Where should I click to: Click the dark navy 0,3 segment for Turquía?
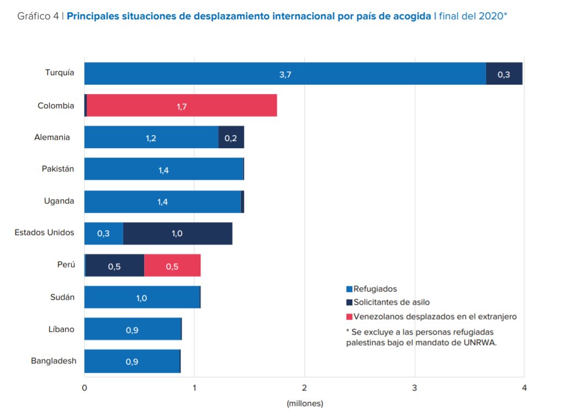click(504, 74)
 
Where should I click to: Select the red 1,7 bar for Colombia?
click(182, 106)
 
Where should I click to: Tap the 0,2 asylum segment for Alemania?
click(231, 138)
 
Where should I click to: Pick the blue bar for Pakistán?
click(163, 169)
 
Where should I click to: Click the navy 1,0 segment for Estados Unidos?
click(177, 233)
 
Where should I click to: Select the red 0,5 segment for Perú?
click(172, 266)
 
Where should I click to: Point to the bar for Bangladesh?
click(132, 361)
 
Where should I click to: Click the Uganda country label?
click(59, 201)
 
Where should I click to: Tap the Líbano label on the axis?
click(61, 330)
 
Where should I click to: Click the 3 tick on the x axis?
click(415, 388)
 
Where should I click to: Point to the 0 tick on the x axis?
click(84, 388)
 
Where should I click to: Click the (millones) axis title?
click(305, 403)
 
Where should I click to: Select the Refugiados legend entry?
click(375, 289)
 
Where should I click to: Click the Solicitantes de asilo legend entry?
click(391, 303)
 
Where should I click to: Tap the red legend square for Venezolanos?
click(349, 317)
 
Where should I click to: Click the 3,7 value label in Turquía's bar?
click(285, 74)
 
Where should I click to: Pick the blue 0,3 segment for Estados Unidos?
click(103, 233)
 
